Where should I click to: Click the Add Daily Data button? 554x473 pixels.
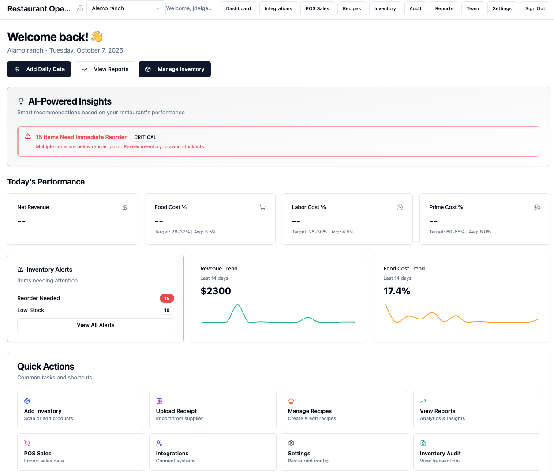[39, 69]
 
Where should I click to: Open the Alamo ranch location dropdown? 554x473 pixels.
[126, 8]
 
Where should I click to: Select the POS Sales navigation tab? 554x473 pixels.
[317, 8]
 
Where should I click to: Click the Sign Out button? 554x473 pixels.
[535, 8]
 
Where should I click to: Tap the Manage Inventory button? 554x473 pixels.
[175, 69]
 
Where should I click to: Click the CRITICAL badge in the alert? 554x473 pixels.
[145, 137]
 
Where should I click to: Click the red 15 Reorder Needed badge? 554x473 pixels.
[167, 298]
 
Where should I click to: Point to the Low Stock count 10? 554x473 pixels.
[167, 310]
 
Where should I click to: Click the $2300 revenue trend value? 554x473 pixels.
[216, 291]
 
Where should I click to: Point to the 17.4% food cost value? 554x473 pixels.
[397, 291]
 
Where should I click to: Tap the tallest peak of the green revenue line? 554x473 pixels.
[238, 305]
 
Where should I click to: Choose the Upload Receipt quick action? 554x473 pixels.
[213, 409]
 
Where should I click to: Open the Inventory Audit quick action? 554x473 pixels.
[476, 452]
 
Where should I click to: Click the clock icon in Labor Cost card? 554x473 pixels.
[400, 207]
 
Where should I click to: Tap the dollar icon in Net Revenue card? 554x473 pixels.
[125, 207]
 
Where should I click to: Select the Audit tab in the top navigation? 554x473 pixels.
[415, 8]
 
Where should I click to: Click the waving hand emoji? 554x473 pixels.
[97, 37]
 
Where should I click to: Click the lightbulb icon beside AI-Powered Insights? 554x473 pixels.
[21, 101]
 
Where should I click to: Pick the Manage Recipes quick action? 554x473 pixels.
[344, 409]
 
